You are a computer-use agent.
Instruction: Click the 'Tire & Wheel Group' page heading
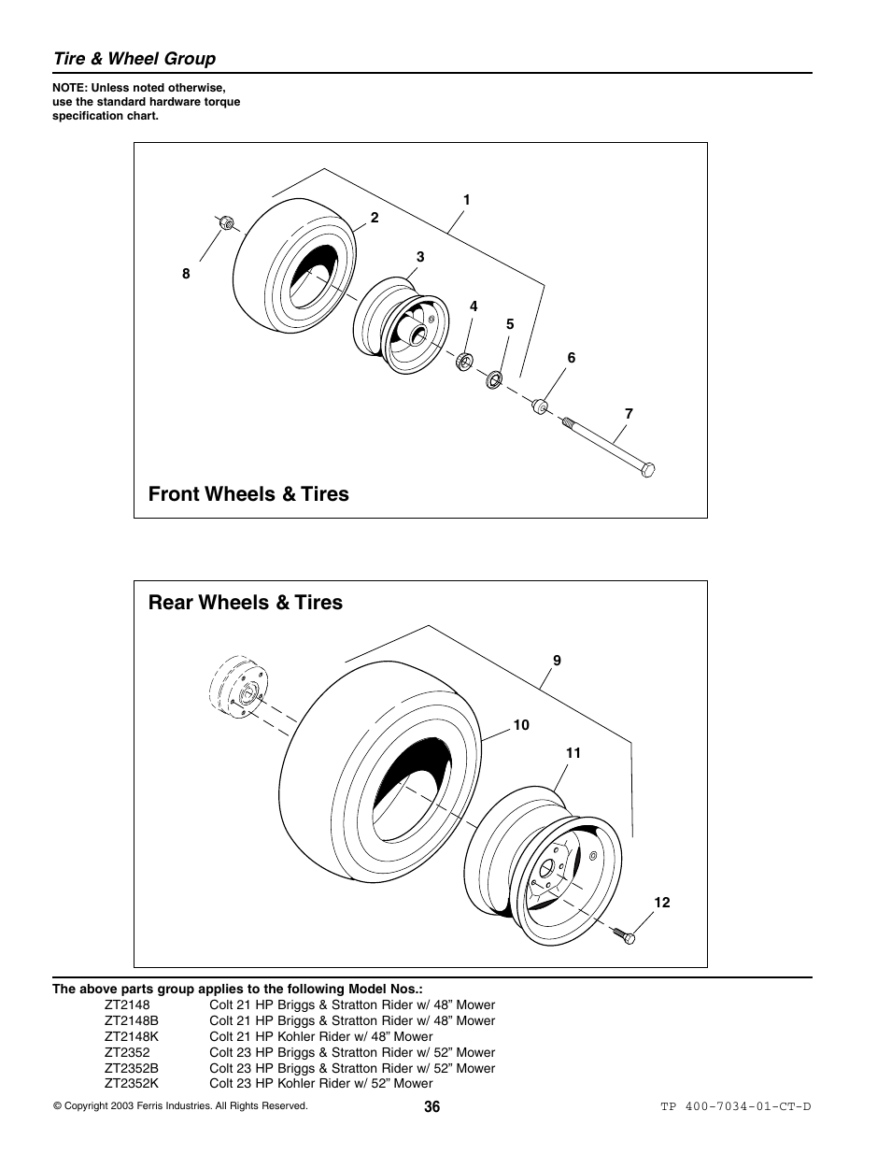point(134,59)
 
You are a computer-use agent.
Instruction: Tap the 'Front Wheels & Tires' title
point(248,494)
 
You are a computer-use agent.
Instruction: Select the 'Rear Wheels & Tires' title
point(246,603)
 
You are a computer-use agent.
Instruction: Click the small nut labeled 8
point(225,222)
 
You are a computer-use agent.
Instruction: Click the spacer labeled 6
point(539,407)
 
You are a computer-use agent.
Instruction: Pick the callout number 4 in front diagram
point(474,306)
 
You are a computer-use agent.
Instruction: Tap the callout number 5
point(510,324)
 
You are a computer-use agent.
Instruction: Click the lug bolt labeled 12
point(624,933)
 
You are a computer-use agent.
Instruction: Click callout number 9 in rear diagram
point(557,661)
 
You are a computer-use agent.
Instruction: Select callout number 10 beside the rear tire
point(521,725)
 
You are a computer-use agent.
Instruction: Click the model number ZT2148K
point(132,1036)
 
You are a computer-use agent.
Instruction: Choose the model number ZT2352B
point(132,1068)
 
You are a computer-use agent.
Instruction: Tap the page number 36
point(431,1106)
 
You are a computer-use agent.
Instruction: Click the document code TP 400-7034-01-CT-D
point(735,1106)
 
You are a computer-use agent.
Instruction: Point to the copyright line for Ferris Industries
point(180,1106)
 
